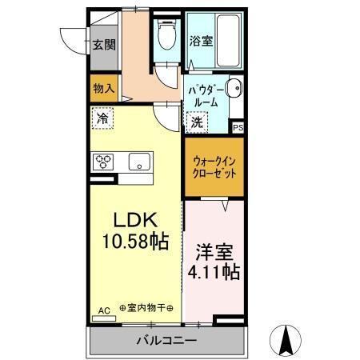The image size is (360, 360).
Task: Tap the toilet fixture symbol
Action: tap(166, 34)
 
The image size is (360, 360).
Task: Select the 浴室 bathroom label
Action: tap(200, 41)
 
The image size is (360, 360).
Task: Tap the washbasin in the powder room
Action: tap(233, 89)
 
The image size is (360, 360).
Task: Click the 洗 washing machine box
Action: tap(197, 122)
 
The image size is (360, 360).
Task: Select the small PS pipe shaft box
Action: tap(238, 127)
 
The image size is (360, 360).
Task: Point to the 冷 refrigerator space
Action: tap(102, 118)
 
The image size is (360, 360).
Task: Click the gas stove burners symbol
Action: tap(105, 162)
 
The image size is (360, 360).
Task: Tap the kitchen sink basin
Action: tap(139, 161)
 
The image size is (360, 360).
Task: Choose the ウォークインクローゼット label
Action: tap(214, 167)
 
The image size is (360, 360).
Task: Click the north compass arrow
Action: tap(285, 339)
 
